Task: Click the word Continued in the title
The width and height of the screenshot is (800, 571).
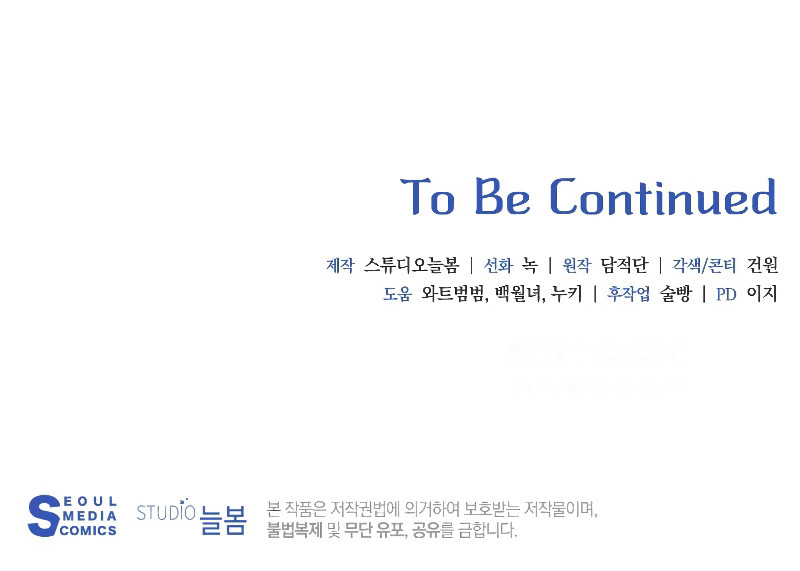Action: tap(663, 197)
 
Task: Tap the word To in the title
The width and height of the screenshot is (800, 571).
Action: tap(428, 197)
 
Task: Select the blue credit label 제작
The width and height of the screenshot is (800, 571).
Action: tap(340, 266)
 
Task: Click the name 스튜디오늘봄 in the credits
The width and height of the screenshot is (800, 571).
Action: tap(411, 266)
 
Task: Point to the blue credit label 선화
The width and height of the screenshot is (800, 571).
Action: tap(498, 266)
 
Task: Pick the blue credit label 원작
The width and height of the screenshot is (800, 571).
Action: tap(577, 266)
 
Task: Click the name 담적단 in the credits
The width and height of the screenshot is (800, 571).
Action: tap(624, 266)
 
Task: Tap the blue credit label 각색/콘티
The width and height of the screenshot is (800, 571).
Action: tap(704, 266)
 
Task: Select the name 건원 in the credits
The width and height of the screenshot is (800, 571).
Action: tap(762, 266)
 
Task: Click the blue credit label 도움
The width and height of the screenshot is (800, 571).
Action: tap(397, 295)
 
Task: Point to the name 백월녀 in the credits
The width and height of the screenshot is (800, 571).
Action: tap(516, 295)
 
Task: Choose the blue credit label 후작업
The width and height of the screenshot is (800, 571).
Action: tap(628, 295)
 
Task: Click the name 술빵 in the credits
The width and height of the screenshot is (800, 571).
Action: tap(675, 295)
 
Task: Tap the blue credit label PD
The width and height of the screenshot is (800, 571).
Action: tap(726, 295)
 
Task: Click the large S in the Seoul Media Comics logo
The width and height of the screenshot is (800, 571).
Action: tap(43, 516)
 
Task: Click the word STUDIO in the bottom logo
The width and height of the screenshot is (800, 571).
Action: tap(165, 514)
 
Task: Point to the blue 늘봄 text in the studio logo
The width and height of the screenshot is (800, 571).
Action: tap(222, 519)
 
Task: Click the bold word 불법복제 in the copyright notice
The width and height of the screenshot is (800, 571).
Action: tap(294, 531)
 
